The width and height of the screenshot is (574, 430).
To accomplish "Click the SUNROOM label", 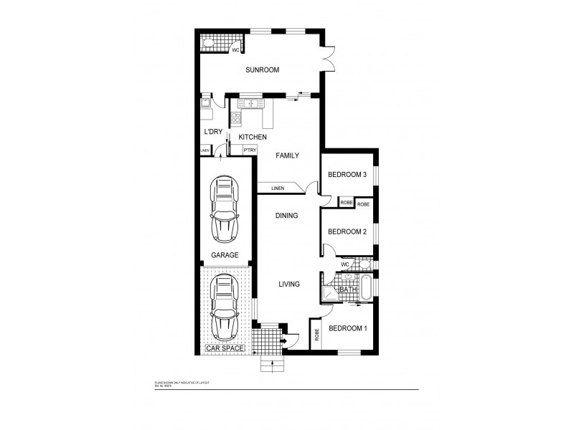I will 261,70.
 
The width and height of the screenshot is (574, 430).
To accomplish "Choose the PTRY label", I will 250,150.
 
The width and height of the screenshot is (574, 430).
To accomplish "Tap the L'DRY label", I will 212,132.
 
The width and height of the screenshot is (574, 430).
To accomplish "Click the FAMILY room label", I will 287,156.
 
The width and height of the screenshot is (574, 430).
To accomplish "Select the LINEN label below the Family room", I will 278,188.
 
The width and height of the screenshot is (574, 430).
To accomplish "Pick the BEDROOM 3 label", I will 347,175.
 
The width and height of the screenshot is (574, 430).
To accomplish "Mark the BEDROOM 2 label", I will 347,231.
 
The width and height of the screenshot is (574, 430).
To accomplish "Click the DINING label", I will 287,215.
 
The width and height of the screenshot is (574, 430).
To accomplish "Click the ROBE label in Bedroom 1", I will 316,335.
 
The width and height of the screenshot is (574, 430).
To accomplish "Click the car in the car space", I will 224,309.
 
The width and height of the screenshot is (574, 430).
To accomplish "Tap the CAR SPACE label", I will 225,348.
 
